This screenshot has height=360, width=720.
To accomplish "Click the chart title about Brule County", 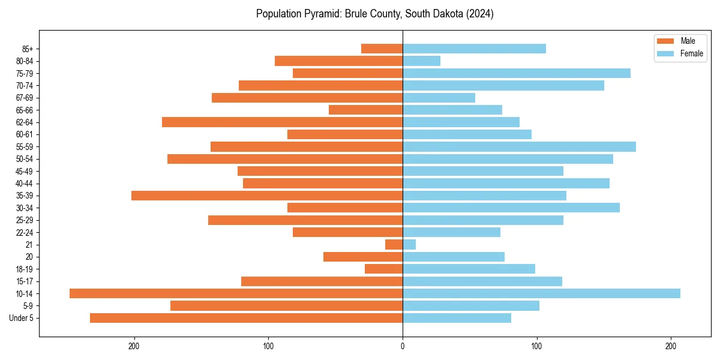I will [x=374, y=14].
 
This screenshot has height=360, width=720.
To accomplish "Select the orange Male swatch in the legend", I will [x=666, y=41].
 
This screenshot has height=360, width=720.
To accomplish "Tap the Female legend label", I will [x=692, y=53].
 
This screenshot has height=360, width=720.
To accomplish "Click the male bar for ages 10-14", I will [x=236, y=293].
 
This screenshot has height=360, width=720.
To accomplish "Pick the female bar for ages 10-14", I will [x=541, y=293].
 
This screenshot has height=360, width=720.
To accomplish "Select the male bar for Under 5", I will [x=246, y=318].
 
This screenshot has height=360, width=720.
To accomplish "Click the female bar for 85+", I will [x=474, y=49].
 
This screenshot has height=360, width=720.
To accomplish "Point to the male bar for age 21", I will [x=394, y=245].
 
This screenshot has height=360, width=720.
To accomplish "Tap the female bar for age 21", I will [x=409, y=245].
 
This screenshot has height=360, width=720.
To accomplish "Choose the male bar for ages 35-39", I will [x=267, y=196].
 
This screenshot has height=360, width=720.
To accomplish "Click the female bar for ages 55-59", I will [x=519, y=146].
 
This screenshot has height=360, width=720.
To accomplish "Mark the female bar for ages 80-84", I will [x=421, y=61].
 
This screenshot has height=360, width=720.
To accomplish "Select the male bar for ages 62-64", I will [x=282, y=122].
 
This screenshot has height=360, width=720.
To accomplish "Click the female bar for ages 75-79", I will [x=516, y=73].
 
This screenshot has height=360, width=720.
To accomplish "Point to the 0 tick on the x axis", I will [x=403, y=346].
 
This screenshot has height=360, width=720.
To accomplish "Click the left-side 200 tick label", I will [x=134, y=346].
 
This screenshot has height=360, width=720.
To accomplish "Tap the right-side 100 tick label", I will [x=537, y=346].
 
